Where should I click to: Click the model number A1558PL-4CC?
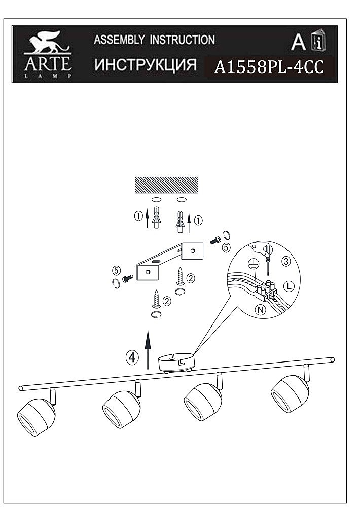269,67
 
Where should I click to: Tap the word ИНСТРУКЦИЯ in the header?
146,65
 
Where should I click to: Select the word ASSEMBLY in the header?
119,40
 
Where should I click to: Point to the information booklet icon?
318,41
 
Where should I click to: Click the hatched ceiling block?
166,185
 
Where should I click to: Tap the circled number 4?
132,357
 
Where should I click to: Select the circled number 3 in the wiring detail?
286,261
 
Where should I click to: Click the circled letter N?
261,310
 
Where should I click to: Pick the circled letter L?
289,286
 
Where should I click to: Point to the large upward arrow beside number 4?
148,349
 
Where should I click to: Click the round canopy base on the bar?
176,363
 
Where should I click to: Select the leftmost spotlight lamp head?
36,411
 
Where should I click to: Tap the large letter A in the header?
298,42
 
